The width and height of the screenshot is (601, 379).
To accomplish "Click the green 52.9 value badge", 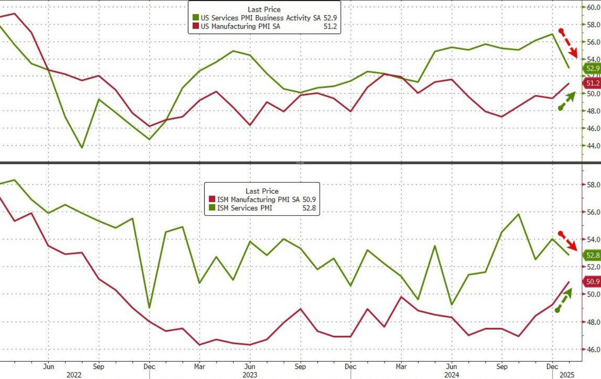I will click(x=592, y=69).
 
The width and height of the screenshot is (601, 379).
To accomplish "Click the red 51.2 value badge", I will click(x=592, y=83).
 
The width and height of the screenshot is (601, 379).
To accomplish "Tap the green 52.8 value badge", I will click(x=592, y=255).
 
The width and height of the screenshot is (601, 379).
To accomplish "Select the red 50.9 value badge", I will click(x=592, y=282).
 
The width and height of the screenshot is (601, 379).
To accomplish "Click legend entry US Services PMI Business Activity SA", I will click(x=260, y=18).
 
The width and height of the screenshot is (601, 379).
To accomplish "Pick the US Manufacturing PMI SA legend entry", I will click(x=240, y=26).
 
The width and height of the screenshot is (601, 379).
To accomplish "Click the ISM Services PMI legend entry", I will click(x=244, y=208).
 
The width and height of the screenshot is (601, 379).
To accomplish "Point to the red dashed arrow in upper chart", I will click(x=568, y=43).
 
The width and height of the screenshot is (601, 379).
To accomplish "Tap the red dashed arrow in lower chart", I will click(x=569, y=241).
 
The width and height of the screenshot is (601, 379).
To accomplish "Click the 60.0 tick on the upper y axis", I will click(x=593, y=7).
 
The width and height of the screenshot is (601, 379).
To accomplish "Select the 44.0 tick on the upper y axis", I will click(x=593, y=146).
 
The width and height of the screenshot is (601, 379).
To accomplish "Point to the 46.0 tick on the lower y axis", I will click(x=593, y=350).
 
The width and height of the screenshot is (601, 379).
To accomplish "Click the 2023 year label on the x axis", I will click(x=250, y=375).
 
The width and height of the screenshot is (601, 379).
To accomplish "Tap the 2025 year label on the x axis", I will click(x=566, y=375).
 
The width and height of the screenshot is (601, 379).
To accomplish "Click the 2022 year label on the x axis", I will click(x=74, y=375).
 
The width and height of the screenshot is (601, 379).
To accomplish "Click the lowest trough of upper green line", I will click(x=82, y=147).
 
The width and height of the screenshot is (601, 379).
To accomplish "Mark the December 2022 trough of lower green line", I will click(x=150, y=308).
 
